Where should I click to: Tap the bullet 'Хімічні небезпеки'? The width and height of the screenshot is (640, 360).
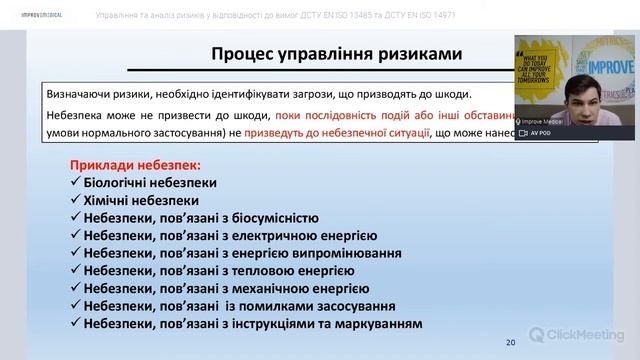135,200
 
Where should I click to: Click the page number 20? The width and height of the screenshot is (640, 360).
511,342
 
